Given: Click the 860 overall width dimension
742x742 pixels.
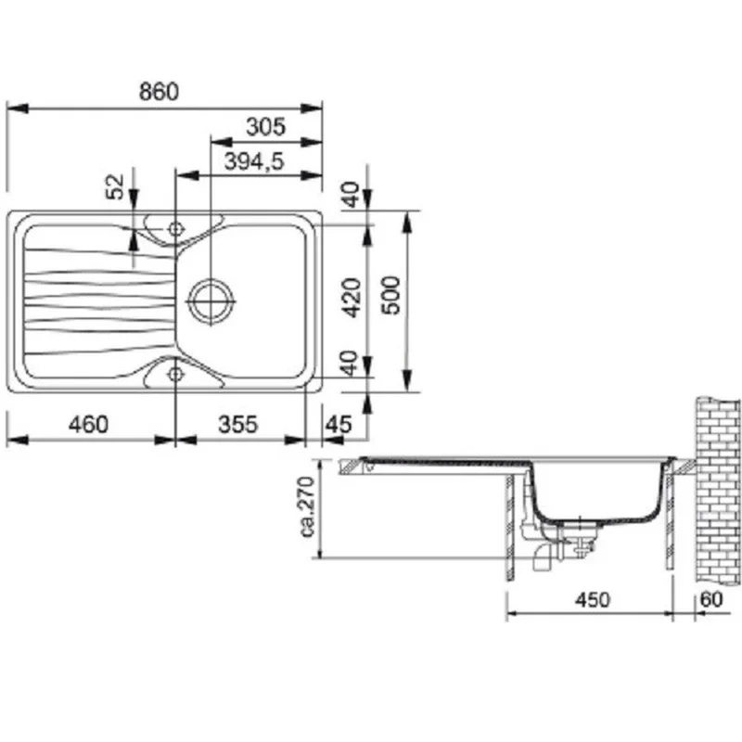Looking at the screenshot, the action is [159, 91].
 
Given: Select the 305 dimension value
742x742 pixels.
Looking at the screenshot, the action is [266, 127].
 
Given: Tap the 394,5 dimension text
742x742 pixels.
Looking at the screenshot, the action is [253, 161].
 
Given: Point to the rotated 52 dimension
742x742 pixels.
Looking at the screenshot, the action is [114, 187].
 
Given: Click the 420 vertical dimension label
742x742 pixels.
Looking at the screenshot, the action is [352, 298].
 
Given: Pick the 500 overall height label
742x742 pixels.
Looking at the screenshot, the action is [391, 295].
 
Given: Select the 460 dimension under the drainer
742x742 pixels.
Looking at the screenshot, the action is [88, 425].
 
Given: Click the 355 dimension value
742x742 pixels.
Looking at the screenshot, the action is [238, 425].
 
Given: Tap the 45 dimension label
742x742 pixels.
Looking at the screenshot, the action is [339, 425].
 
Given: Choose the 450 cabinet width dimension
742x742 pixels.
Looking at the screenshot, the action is [593, 600].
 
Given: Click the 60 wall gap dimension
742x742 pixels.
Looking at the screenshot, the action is [711, 599].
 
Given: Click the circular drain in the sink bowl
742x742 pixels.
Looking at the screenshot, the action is [211, 301].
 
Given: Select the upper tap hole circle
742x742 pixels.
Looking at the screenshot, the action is [175, 229].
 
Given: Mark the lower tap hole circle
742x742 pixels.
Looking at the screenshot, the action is [175, 374].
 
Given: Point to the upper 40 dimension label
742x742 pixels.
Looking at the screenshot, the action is [352, 195].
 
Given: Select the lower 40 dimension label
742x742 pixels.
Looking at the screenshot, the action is [351, 363].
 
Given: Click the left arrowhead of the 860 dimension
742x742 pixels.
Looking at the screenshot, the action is [17, 109].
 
